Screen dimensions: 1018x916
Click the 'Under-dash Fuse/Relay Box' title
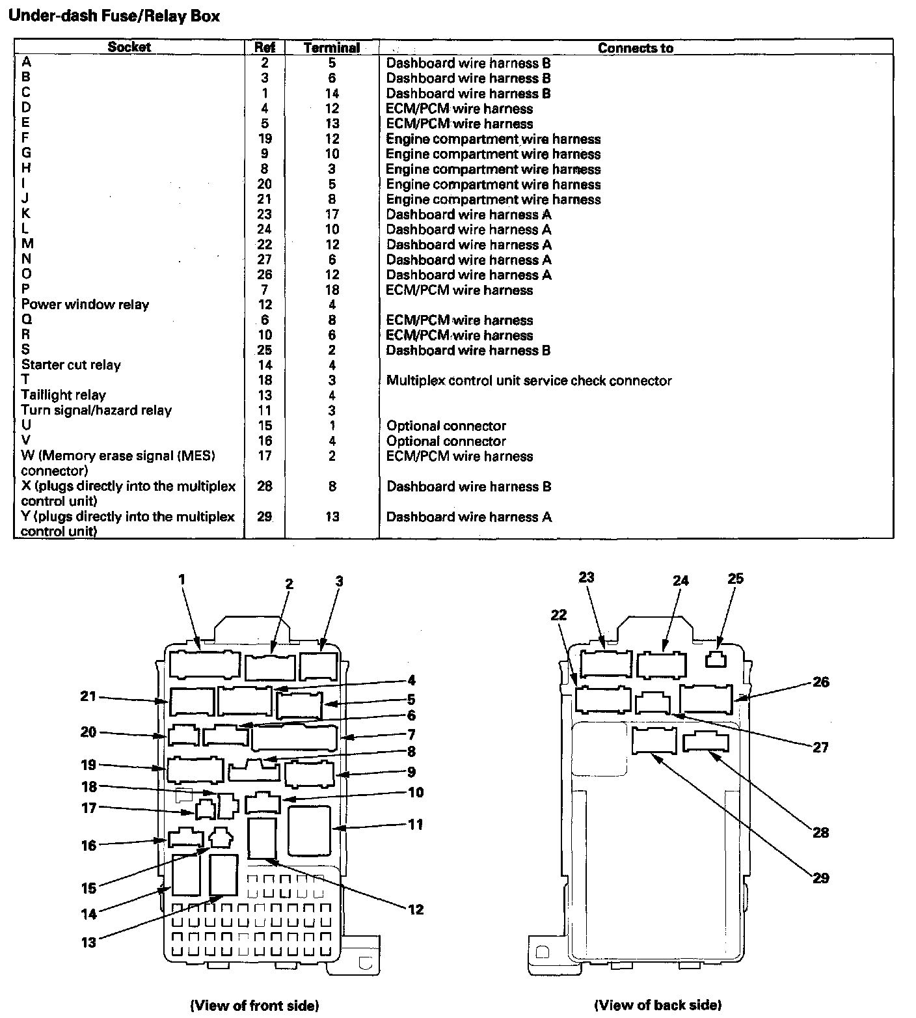pos(114,16)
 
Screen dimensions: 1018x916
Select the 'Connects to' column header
pos(635,48)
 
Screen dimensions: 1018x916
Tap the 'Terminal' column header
pos(332,48)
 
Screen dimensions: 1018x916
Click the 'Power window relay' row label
pos(85,305)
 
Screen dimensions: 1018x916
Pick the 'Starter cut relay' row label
pos(71,365)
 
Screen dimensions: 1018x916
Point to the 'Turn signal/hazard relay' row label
pos(96,411)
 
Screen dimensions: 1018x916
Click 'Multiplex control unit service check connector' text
pos(528,381)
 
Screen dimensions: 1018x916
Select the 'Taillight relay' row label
pos(63,395)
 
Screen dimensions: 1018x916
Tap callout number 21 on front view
pos(88,697)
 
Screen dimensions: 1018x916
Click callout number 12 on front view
pos(416,909)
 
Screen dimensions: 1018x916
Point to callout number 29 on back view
pos(821,878)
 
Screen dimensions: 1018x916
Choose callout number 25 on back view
pos(735,579)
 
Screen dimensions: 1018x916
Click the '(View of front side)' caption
pos(254,1006)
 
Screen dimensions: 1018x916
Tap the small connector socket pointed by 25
pos(716,660)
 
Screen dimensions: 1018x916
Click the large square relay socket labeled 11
pos(309,831)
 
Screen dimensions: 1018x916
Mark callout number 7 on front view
pos(411,735)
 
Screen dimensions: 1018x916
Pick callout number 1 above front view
pos(182,579)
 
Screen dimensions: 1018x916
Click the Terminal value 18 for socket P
pos(332,290)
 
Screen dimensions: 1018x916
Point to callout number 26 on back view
pos(821,682)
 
